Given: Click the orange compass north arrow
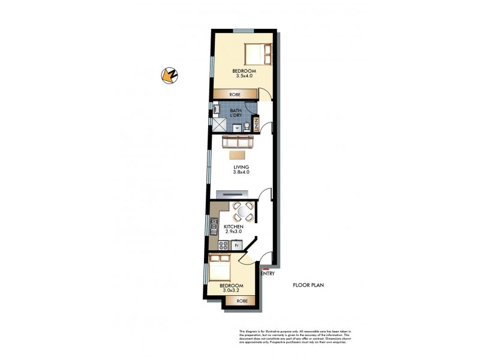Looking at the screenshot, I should pos(169,75).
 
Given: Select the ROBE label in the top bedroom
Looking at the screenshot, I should pos(235,94).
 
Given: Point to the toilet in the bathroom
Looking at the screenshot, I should pos(246,127).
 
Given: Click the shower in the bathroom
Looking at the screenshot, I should pos(220,124).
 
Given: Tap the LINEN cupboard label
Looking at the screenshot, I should pos(256,127).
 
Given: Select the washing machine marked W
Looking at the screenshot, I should pos(236,127).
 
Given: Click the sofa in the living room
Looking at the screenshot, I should pos(239,143).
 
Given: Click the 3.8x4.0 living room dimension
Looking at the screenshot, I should pos(241,172).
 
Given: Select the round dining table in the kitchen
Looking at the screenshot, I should pos(242,211).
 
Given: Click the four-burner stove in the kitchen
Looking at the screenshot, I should pos(223,245).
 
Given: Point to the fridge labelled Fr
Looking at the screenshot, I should pos(237,245).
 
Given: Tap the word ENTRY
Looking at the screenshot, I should pos(268,274).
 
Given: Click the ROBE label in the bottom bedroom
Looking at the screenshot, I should pos(241,301).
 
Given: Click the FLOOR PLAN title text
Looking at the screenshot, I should pos(308,286).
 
